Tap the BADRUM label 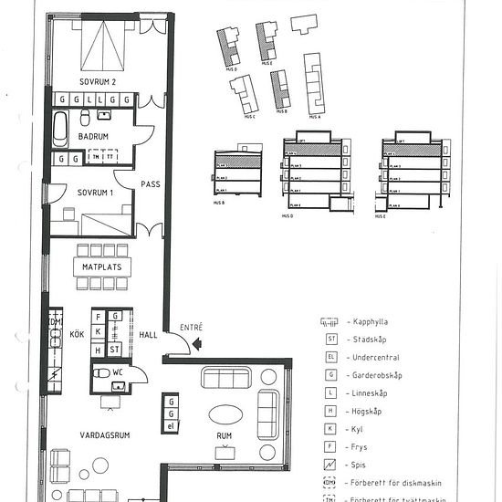[93, 136]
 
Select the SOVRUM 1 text [93, 193]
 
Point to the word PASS [151, 184]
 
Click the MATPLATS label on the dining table [102, 267]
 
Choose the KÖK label [77, 334]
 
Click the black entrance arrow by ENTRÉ [184, 343]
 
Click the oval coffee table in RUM [225, 414]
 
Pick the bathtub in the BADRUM [60, 129]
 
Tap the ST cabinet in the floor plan [115, 349]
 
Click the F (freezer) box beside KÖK [115, 316]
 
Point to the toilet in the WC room [99, 372]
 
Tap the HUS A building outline [314, 87]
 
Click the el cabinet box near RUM [171, 426]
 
